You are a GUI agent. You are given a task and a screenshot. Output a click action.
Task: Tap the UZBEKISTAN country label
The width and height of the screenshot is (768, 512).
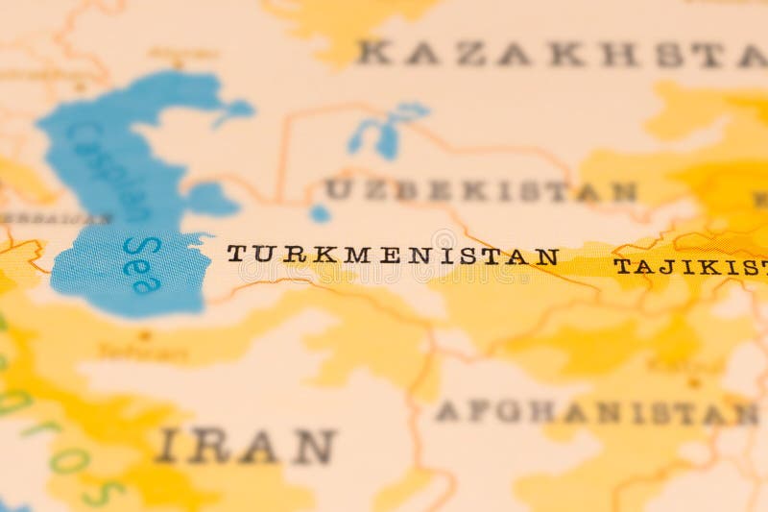(x=480, y=190)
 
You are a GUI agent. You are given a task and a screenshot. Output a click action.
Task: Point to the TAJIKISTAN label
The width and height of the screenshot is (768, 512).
(x=690, y=266)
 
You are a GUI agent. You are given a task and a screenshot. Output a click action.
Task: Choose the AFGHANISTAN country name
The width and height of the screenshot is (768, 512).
(x=595, y=413)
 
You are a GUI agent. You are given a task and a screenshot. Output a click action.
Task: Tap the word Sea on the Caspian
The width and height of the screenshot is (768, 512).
(x=140, y=263)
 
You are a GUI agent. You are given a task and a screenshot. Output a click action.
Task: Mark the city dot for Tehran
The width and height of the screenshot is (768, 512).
(x=145, y=335)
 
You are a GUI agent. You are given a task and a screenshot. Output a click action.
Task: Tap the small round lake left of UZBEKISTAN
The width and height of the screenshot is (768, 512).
(x=320, y=213)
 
